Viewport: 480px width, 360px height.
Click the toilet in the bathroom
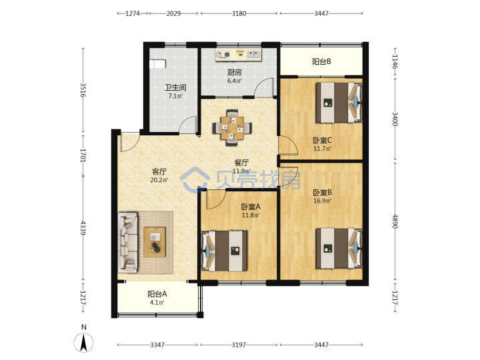(157, 64)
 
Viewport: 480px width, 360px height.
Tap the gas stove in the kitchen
(223, 55)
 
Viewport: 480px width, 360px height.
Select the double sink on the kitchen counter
(253, 55)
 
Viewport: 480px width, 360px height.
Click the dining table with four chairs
(233, 128)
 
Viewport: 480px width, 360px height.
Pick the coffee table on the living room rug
(155, 242)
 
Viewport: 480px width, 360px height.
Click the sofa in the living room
(127, 243)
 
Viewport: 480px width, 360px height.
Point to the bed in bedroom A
(224, 251)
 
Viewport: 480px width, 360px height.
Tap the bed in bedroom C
(339, 102)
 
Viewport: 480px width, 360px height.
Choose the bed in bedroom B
(339, 248)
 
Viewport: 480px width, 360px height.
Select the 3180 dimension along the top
(239, 13)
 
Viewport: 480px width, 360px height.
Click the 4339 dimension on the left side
(83, 228)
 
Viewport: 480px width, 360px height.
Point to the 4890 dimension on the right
(395, 221)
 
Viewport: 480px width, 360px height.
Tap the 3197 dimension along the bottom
(239, 345)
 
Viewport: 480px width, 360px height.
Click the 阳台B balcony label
(321, 61)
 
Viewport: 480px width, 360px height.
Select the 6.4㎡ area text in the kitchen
(235, 81)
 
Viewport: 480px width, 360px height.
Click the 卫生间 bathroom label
(176, 87)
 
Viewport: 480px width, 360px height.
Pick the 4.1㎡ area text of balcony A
(157, 303)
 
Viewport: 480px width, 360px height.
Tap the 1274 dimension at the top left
(133, 13)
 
